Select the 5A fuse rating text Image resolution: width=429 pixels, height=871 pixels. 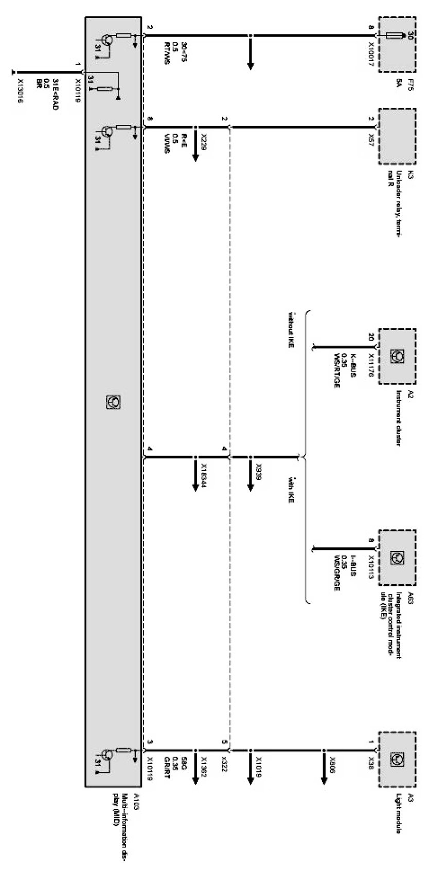pyautogui.click(x=398, y=82)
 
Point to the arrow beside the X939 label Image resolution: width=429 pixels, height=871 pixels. pyautogui.click(x=251, y=476)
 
